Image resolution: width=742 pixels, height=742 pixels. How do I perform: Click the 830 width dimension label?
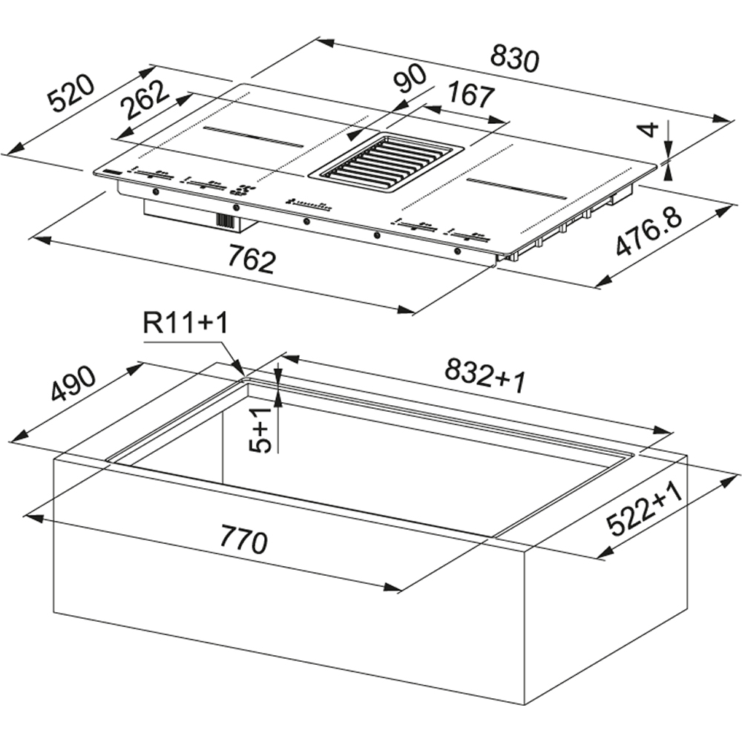point(514,58)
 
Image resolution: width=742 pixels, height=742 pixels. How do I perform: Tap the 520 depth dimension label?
point(73,93)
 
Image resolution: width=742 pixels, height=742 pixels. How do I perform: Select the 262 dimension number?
point(145,100)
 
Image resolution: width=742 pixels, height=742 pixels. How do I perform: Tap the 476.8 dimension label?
point(649,232)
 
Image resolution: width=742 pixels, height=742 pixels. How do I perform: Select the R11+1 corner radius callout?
point(185,324)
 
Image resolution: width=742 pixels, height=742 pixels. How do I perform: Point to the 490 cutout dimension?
point(73,384)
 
